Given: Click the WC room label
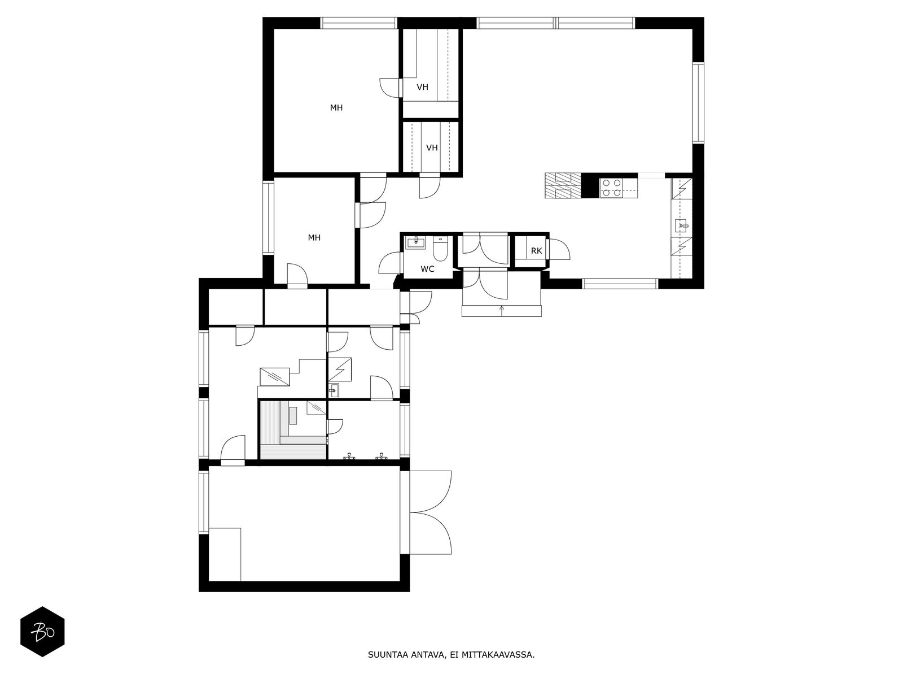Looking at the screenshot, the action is click(427, 270).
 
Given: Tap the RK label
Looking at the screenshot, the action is click(536, 251).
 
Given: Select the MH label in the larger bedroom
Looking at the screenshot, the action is click(336, 108).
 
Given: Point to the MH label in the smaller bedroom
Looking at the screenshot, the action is click(314, 237).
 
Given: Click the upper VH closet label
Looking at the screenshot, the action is click(423, 87).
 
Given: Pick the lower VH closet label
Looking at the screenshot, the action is click(432, 148).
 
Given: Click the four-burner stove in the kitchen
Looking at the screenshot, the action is click(611, 188).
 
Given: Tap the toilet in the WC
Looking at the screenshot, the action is click(440, 249).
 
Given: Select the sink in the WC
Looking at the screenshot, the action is click(415, 243).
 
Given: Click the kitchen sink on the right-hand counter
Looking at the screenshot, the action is click(681, 225).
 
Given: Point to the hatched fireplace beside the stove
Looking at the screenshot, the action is click(563, 186).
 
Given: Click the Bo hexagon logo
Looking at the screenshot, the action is click(42, 632).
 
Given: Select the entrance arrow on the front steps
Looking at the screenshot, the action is click(502, 311).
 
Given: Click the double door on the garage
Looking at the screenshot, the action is click(431, 512).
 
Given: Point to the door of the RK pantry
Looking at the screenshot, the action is click(559, 250).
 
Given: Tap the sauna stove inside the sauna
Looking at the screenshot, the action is click(293, 415).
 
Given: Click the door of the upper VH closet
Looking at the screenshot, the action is click(389, 88).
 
